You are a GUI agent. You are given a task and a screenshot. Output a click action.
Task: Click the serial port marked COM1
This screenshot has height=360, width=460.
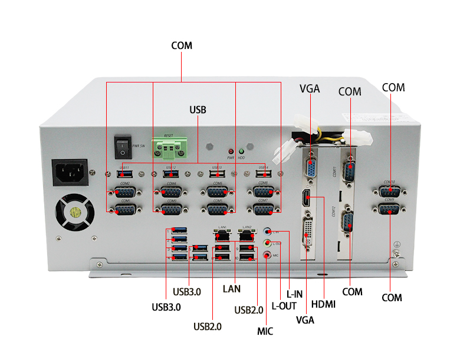click(124, 209)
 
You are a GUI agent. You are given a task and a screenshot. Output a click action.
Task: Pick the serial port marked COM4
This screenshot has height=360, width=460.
click(171, 192)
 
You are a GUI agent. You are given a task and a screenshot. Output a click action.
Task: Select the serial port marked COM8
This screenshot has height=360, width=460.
click(263, 192)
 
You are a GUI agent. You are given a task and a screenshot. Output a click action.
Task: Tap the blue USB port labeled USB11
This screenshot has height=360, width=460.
click(124, 174)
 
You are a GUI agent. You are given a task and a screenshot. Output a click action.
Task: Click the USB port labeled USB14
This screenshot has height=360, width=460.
click(262, 174)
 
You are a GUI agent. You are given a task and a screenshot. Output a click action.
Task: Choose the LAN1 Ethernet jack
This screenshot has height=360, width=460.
click(222, 234)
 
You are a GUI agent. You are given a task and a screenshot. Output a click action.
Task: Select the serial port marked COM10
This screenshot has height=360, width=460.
click(388, 191)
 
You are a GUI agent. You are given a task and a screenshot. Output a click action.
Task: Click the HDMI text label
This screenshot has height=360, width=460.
click(323, 305)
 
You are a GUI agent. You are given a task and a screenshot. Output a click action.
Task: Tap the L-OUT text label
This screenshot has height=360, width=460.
click(284, 306)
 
